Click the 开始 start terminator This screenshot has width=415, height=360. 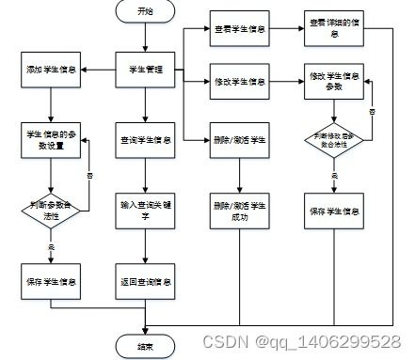[144, 12]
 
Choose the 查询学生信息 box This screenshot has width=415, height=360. [144, 141]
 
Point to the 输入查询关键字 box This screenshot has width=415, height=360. [144, 208]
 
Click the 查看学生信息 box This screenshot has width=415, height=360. [239, 29]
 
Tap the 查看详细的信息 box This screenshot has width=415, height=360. [332, 29]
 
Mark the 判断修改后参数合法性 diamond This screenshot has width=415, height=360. [332, 141]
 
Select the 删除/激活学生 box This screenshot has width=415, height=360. [239, 141]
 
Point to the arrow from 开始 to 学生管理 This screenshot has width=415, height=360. [144, 37]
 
